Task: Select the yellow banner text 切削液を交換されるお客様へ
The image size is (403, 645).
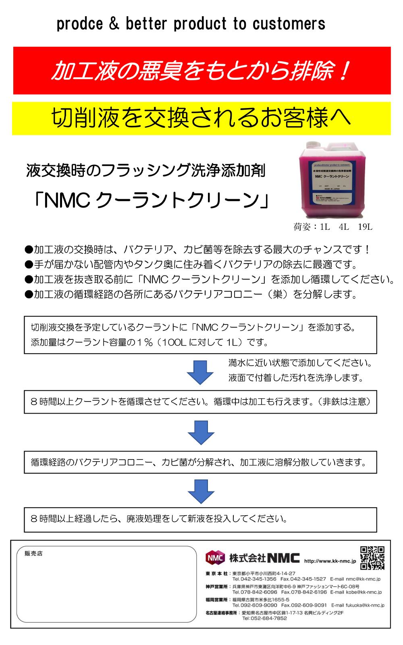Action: coord(201,118)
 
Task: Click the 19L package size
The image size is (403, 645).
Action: coord(365,227)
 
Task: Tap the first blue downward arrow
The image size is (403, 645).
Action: coord(200,372)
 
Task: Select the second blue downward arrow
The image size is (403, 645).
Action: coord(200,432)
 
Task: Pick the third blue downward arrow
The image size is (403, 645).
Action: coord(200,491)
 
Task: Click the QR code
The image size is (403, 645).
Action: coord(372,558)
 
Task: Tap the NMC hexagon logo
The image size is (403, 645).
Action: coord(215,558)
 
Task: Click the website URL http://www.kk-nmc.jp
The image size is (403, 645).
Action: coord(330,561)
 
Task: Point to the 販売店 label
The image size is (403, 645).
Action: coord(33,553)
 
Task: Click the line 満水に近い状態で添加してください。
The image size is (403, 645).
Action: coord(300,363)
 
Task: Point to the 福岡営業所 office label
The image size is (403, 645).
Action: coord(217,599)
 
